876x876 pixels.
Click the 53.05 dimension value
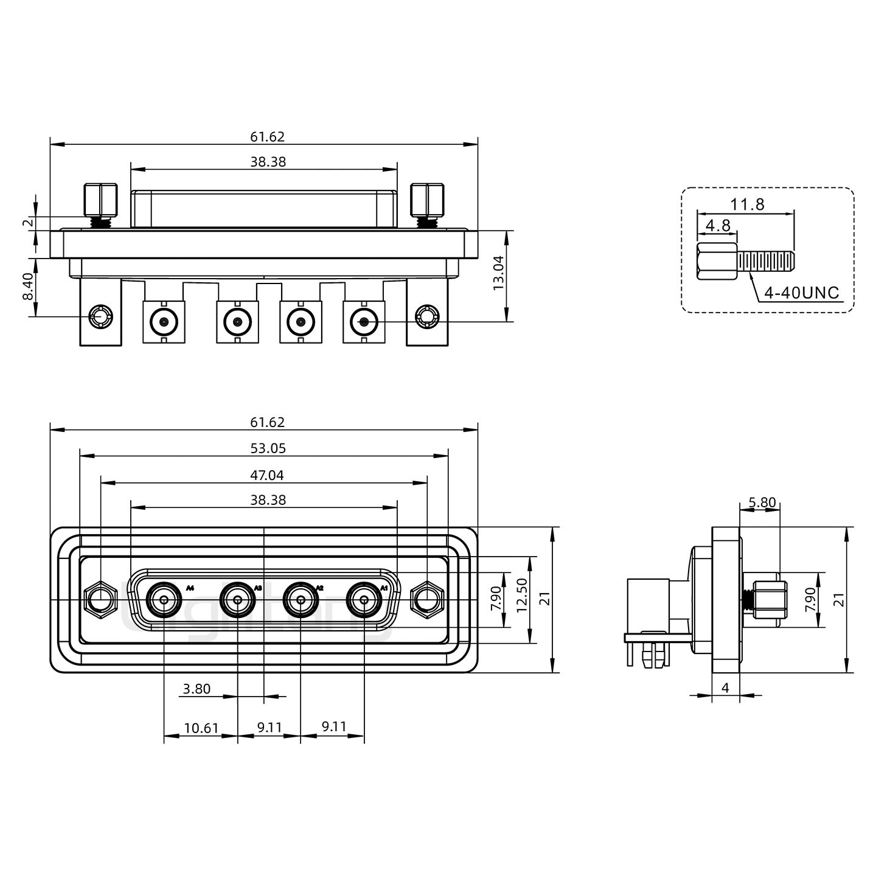[x=268, y=448]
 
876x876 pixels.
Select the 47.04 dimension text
[x=268, y=475]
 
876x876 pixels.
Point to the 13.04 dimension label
[x=499, y=273]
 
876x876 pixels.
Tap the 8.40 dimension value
[x=28, y=287]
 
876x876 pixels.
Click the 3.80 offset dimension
[x=196, y=689]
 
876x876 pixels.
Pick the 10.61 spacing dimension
[x=201, y=728]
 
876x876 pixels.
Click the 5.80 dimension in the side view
[x=762, y=502]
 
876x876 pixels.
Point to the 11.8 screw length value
[x=748, y=204]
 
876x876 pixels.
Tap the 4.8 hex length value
[x=718, y=226]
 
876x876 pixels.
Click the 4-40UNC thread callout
[x=802, y=293]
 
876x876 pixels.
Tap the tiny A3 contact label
[x=258, y=588]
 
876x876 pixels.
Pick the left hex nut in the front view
[x=100, y=600]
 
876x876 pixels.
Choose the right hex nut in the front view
[x=427, y=600]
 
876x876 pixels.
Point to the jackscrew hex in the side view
[x=770, y=600]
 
